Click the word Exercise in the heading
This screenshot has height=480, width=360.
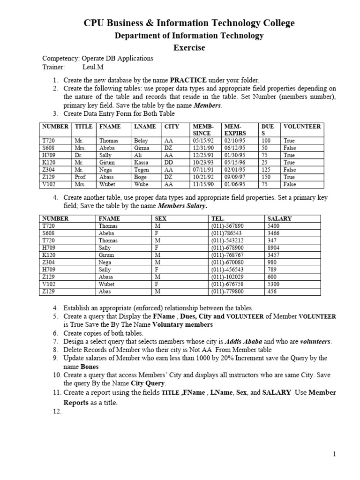coord(189,48)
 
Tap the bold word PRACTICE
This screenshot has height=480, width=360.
coord(188,80)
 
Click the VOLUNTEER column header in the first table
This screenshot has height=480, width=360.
coord(302,127)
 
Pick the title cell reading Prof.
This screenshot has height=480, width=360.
coord(80,177)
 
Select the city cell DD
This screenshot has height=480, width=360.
coord(169,162)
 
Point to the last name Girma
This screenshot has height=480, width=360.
coord(142,148)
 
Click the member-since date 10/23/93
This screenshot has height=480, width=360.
coord(202,162)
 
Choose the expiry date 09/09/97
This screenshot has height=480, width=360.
coord(233,177)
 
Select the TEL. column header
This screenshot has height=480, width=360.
coord(218,218)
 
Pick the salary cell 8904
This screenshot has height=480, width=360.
coord(273,247)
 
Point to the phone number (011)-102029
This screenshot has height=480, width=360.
coord(227,277)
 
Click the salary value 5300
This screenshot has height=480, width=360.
coord(273,284)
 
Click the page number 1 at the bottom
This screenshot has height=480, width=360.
coord(335,454)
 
